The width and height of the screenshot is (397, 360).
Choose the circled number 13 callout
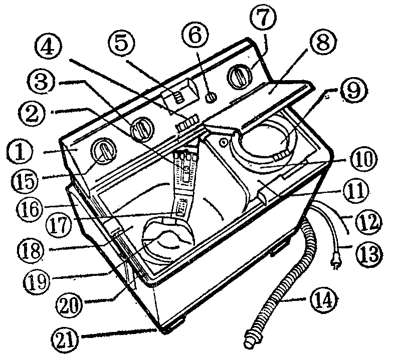(x=369, y=253)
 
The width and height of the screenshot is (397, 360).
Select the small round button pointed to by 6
(x=212, y=98)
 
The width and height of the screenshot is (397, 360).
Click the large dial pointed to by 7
(x=240, y=77)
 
